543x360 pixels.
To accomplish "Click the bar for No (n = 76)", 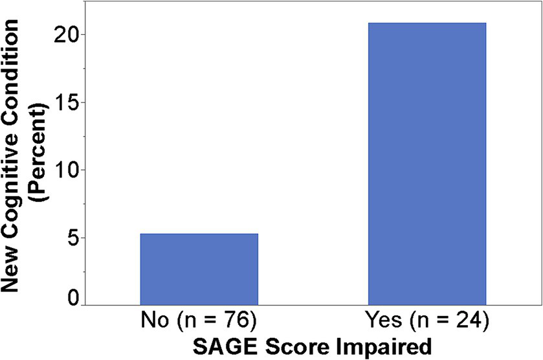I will click(x=199, y=269).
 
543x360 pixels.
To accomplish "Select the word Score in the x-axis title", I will click(x=285, y=344).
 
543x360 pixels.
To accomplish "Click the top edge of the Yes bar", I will click(x=427, y=23).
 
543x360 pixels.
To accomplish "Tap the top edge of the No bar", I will click(x=199, y=234).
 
